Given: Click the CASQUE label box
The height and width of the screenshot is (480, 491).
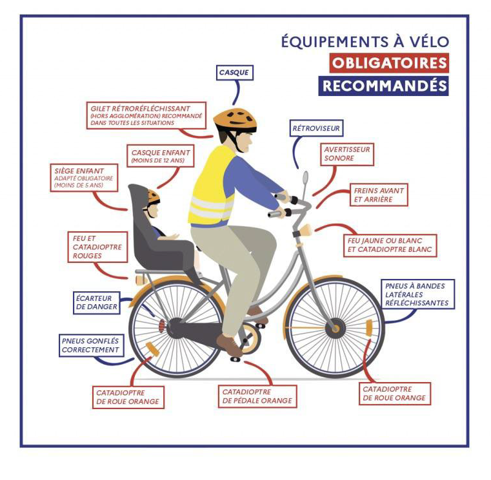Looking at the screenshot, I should pyautogui.click(x=234, y=73).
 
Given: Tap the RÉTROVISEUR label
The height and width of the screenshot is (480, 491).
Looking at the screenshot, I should pyautogui.click(x=316, y=129).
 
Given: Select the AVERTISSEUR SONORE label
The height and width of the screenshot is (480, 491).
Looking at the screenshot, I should pyautogui.click(x=347, y=154).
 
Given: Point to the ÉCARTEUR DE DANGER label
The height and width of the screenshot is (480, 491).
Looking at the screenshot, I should pyautogui.click(x=97, y=303).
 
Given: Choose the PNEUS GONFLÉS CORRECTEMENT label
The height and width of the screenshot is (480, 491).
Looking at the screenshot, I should pyautogui.click(x=91, y=345).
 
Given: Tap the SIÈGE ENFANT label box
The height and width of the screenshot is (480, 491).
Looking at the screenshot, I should pyautogui.click(x=84, y=178).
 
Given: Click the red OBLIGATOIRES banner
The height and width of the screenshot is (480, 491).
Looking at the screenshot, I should pyautogui.click(x=388, y=63).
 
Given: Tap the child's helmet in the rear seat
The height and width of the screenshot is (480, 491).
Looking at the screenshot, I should pyautogui.click(x=154, y=196).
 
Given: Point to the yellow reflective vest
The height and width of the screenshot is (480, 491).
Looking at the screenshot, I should pyautogui.click(x=213, y=187).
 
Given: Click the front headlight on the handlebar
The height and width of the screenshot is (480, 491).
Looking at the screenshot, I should pyautogui.click(x=305, y=229).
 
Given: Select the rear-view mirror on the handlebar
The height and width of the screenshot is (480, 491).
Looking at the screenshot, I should pyautogui.click(x=305, y=178).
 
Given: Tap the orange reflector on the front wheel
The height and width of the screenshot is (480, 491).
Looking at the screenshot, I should pyautogui.click(x=368, y=327).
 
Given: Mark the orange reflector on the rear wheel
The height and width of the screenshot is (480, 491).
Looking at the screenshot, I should pyautogui.click(x=152, y=349).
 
